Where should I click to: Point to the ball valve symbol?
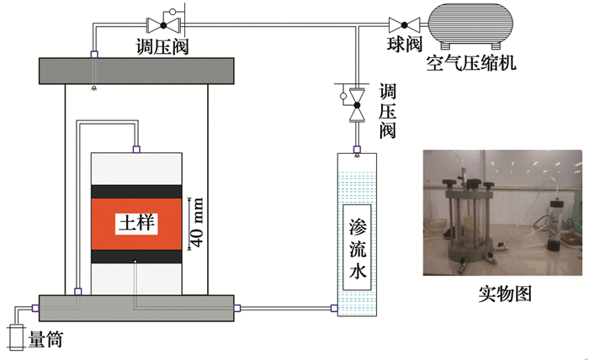coord(404,24)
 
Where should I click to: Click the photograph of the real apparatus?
coord(502,213)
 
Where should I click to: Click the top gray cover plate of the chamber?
coord(135,70)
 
